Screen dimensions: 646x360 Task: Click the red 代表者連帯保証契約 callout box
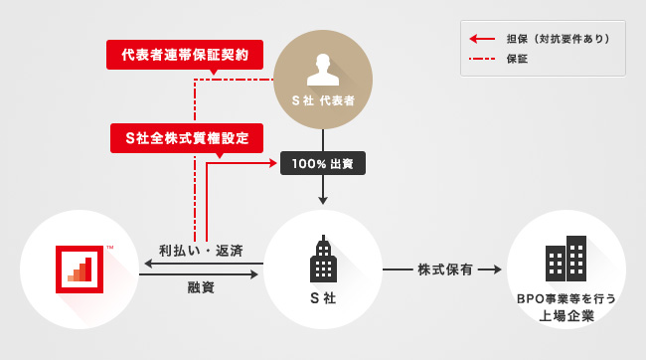[185, 55]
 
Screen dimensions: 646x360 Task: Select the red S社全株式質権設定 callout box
[187, 138]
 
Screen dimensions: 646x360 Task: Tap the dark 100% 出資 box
[323, 163]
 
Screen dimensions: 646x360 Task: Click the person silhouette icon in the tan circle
[323, 70]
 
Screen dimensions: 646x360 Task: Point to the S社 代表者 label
[323, 100]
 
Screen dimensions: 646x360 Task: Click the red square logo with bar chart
[80, 270]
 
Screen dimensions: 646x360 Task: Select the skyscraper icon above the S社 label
[323, 259]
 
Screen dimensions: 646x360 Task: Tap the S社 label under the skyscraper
[323, 297]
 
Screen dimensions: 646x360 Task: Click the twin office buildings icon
[565, 259]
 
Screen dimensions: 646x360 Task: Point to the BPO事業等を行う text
[566, 298]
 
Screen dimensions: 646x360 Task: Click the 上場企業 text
[566, 316]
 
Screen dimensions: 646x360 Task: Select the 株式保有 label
[445, 270]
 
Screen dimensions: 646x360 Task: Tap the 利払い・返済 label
[201, 251]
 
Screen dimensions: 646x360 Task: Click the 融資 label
[201, 287]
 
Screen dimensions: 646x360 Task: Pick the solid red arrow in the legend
[482, 39]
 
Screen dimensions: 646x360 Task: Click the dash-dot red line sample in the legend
[482, 59]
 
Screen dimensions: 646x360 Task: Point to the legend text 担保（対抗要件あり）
[559, 39]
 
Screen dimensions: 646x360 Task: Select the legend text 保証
[517, 59]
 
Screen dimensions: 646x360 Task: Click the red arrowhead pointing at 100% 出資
[273, 163]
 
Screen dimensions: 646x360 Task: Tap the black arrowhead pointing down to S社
[323, 201]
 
